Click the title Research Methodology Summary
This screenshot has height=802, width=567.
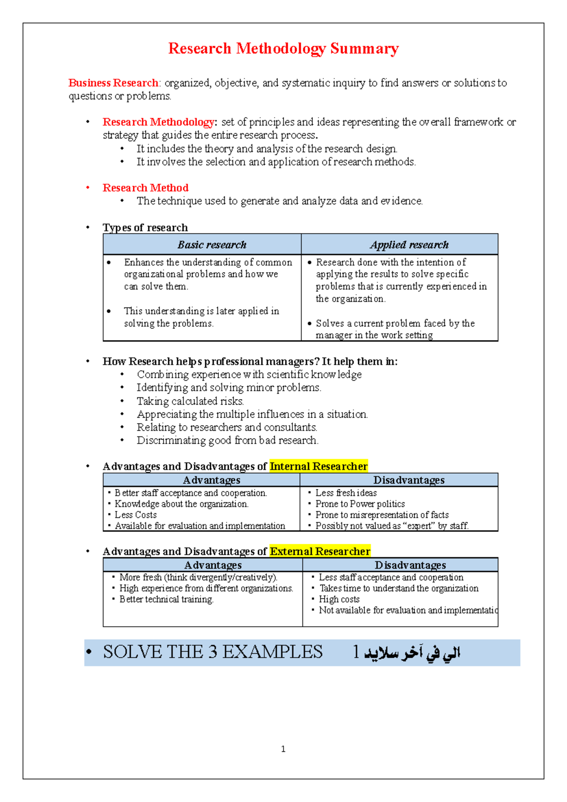point(283,49)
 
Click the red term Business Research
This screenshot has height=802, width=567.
point(113,83)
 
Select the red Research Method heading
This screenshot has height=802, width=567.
point(146,188)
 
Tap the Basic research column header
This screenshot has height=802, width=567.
point(212,244)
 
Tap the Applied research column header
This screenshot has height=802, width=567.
point(409,244)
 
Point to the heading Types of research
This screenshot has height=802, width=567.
point(145,227)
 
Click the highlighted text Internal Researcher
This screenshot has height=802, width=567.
point(318,466)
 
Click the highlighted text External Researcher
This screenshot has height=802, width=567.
point(320,551)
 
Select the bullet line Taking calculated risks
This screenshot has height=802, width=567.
point(190,401)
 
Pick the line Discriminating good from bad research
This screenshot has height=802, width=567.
point(227,440)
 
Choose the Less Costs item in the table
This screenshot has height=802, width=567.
point(136,514)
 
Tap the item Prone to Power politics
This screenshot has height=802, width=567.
point(360,504)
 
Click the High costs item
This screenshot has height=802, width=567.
point(339,599)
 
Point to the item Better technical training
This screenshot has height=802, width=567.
point(166,599)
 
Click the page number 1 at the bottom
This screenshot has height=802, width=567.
point(283,749)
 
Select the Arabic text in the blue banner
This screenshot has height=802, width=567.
point(411,653)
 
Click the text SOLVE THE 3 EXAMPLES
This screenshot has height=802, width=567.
point(213,652)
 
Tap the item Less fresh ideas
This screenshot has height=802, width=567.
point(346,493)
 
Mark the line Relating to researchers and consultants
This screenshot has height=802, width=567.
point(227,427)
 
